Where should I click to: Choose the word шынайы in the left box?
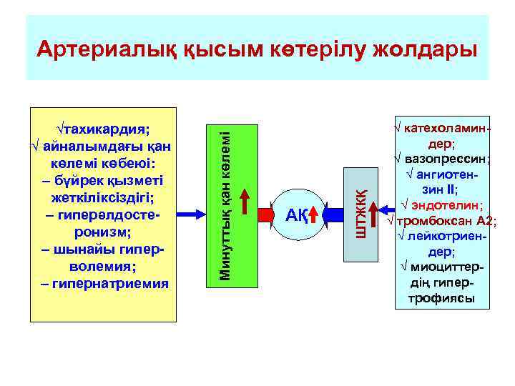tap(95, 250)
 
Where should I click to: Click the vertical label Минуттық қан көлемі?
tap(225, 200)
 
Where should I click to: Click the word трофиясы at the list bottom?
tap(443, 298)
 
